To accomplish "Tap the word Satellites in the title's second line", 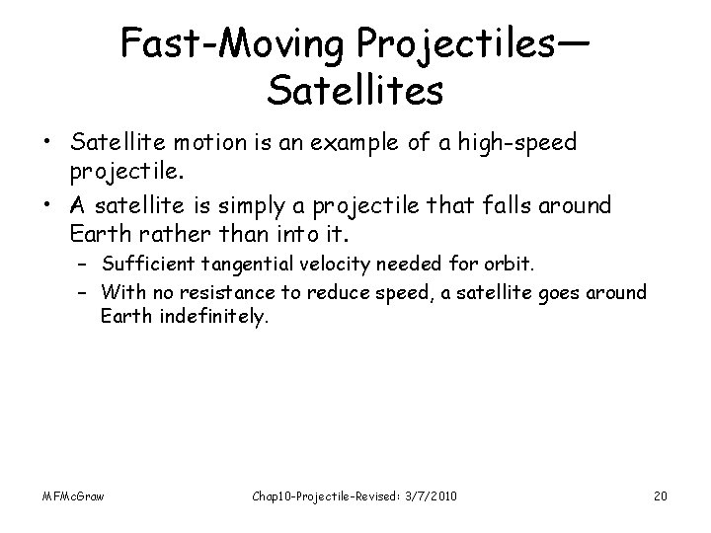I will [355, 91].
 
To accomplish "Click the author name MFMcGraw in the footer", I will [73, 494].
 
